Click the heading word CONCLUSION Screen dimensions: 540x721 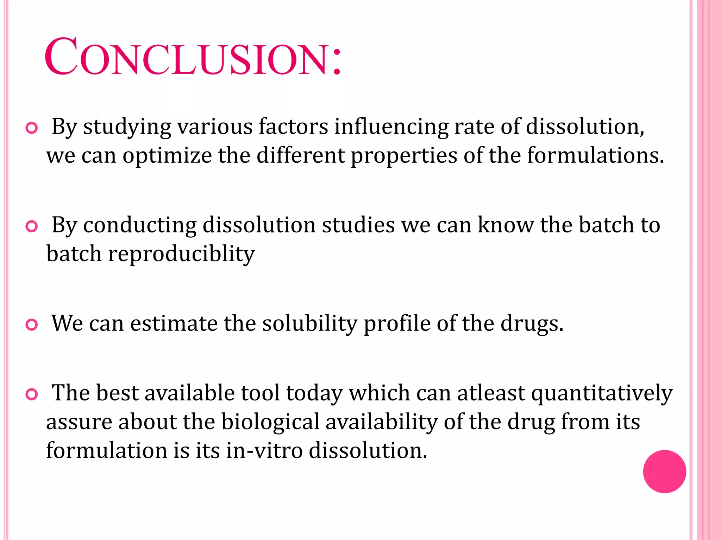point(193,57)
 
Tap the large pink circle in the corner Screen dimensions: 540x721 point(664,471)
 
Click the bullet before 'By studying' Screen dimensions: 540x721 point(32,128)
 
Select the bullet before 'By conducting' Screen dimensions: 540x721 point(32,227)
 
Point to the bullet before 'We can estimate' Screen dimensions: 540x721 point(32,325)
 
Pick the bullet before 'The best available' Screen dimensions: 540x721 point(32,395)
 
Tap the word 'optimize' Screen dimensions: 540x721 point(167,155)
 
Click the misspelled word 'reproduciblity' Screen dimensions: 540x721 point(181,254)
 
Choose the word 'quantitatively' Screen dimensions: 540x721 point(602,393)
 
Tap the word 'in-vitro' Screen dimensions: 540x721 point(264,450)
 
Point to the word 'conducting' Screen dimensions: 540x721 point(140,225)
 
